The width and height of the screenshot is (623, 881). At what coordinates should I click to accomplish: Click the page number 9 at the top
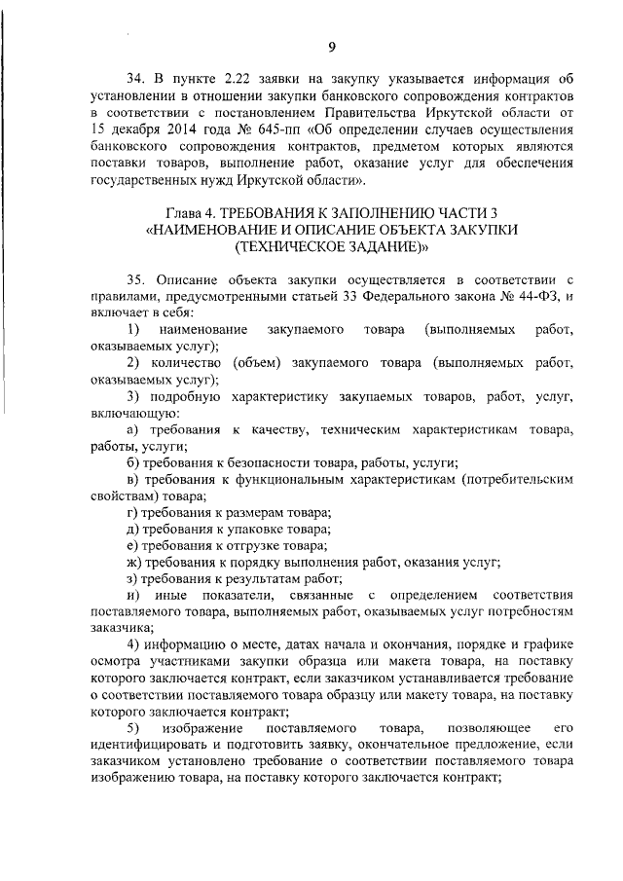click(332, 47)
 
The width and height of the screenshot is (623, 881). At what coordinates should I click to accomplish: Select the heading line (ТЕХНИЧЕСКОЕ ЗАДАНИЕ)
click(331, 247)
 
